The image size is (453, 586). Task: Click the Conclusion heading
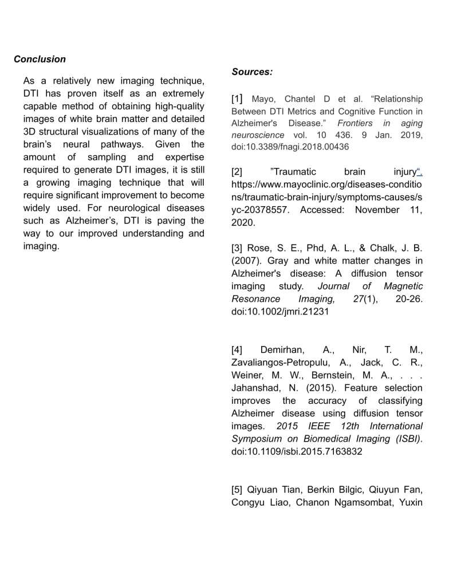click(40, 59)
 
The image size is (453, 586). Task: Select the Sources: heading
click(252, 72)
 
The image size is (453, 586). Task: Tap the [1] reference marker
click(237, 99)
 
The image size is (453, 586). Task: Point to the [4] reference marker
click(237, 350)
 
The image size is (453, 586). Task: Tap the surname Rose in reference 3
click(258, 248)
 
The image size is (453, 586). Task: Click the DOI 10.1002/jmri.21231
click(280, 311)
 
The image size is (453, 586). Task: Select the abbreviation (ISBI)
click(407, 438)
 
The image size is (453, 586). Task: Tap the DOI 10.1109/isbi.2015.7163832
click(297, 451)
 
